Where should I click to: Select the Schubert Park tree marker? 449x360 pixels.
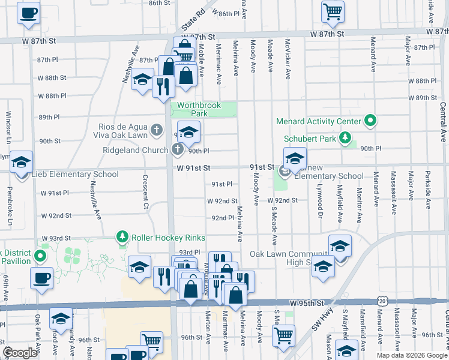(x=345, y=139)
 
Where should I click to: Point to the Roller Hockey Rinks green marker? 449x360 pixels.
(x=122, y=238)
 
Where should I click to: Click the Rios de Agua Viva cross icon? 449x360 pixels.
(x=157, y=129)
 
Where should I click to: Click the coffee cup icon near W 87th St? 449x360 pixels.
(x=28, y=13)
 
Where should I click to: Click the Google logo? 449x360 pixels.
(x=20, y=353)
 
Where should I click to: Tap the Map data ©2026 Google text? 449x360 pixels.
(x=412, y=355)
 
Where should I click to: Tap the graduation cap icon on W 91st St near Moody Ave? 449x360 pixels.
(x=295, y=159)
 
